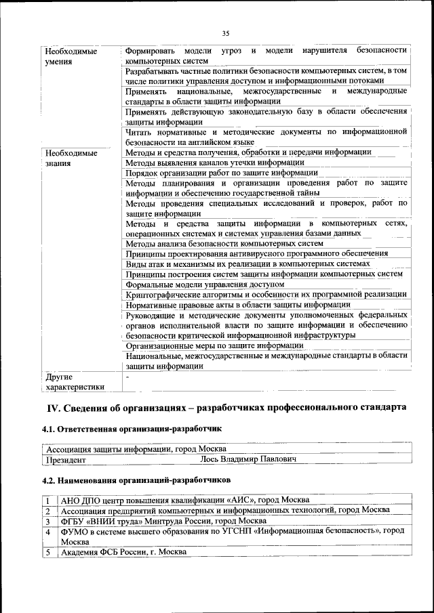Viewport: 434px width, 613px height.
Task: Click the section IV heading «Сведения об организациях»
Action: (226, 407)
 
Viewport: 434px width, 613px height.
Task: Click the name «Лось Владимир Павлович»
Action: (248, 460)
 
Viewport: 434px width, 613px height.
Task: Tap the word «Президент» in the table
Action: (66, 460)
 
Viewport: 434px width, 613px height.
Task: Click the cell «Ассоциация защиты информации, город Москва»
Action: (136, 449)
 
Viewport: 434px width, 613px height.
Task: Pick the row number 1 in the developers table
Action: (47, 500)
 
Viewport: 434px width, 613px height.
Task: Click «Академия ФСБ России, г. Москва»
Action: (123, 552)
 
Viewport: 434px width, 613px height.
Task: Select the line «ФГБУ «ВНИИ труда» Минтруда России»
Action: (163, 521)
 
